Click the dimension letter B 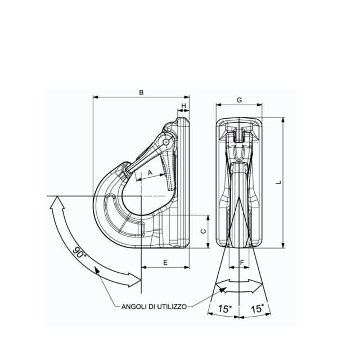coord(141,92)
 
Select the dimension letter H coord(184,106)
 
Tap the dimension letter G coord(239,100)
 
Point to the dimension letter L coord(279,182)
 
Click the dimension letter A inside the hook coord(150,173)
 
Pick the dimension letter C coord(204,231)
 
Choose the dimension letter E coord(165,263)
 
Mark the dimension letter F coord(241,263)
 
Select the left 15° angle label coord(225,309)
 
